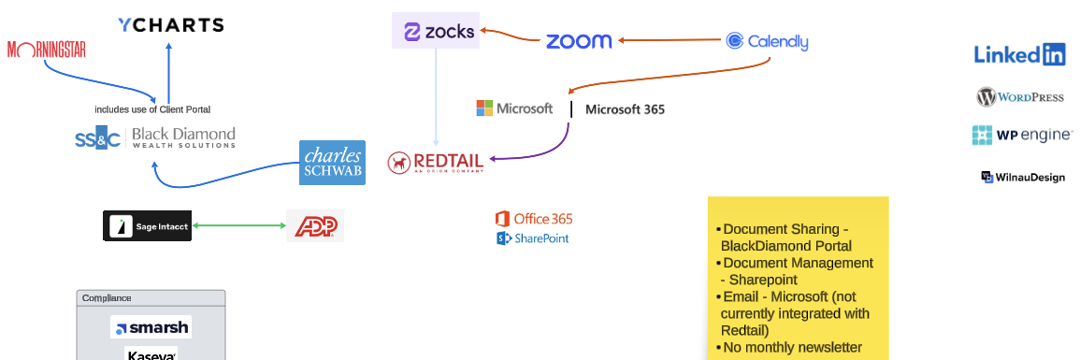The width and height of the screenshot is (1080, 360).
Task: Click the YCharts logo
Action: (171, 25)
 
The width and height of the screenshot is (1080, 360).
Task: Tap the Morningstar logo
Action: (47, 50)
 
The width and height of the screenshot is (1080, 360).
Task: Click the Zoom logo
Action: (579, 41)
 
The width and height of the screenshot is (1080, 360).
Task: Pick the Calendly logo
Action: (767, 41)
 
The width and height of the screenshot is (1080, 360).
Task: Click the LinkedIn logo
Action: (1019, 55)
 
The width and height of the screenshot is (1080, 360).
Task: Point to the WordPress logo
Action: (1020, 97)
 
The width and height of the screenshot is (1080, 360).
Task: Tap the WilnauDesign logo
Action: (1023, 177)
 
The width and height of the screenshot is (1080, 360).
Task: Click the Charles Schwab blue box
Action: (332, 163)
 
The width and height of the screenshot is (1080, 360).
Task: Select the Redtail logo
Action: (436, 163)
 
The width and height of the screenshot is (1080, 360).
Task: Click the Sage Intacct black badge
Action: (147, 225)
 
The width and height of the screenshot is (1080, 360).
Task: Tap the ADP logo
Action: (315, 225)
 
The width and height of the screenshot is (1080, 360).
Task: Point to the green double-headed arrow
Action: (238, 225)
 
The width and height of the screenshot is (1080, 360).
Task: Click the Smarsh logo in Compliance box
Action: (151, 327)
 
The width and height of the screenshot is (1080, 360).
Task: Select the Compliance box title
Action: (107, 298)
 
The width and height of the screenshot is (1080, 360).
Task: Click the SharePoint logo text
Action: (533, 238)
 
